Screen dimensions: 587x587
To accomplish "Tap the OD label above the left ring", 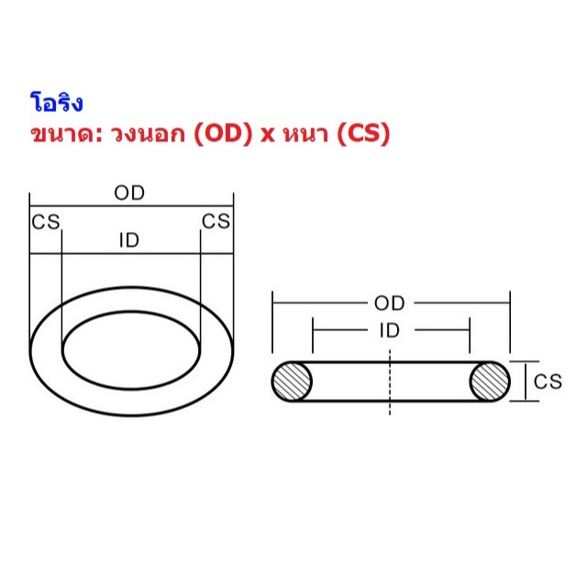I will tap(129, 194).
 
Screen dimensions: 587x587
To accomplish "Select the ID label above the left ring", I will tap(129, 240).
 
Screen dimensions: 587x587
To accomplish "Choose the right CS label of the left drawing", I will tap(216, 222).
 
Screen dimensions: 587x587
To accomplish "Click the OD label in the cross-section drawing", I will tap(390, 303).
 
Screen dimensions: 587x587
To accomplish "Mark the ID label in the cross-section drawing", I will tap(390, 331).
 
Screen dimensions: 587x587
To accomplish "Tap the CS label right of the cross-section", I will tap(548, 382).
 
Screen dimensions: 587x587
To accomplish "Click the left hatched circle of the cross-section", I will tap(293, 382).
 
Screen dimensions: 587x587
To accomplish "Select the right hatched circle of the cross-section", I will tap(490, 382).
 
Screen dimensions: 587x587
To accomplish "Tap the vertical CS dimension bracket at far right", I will tap(524, 382).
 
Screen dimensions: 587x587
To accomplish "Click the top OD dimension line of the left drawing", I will tap(83, 206).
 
